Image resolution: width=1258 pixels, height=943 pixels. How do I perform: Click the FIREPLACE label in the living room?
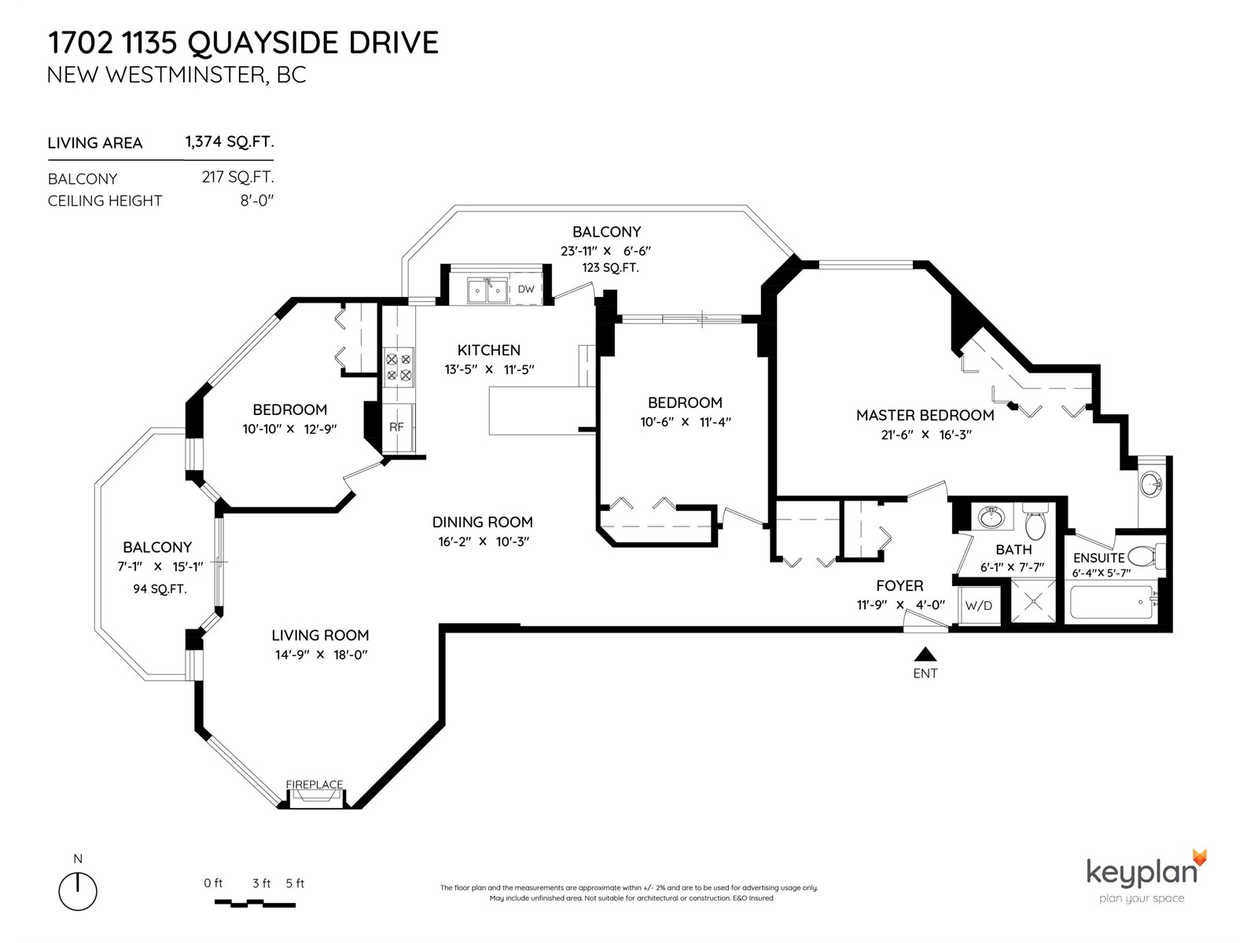click(x=314, y=784)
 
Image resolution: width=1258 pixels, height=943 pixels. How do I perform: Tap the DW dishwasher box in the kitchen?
click(x=526, y=289)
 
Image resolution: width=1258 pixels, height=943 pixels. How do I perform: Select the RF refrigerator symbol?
click(x=396, y=427)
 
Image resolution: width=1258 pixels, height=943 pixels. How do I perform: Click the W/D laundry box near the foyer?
click(x=978, y=606)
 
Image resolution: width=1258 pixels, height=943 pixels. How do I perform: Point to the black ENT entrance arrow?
click(x=925, y=654)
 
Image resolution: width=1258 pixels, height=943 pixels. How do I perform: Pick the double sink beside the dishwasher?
click(x=487, y=291)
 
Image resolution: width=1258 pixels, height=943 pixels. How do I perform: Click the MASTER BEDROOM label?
click(x=925, y=415)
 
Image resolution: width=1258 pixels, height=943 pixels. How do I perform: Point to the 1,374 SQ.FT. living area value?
click(x=230, y=142)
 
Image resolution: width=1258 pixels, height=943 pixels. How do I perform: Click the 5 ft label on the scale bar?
click(x=295, y=883)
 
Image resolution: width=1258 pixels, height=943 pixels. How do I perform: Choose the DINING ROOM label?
click(x=482, y=522)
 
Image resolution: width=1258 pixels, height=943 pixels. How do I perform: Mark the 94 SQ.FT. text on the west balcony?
click(x=160, y=589)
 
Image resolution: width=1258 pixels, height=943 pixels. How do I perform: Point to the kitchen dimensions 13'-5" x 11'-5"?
click(x=488, y=369)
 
